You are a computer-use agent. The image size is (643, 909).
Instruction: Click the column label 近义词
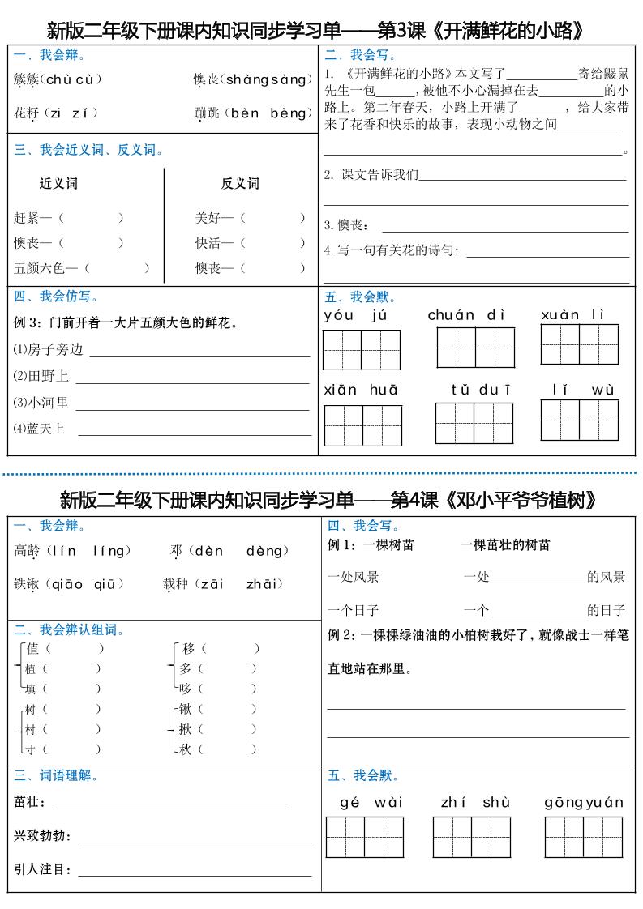[58, 184]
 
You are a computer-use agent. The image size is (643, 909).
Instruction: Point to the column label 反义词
[240, 184]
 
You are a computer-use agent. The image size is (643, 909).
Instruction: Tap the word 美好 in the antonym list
[208, 218]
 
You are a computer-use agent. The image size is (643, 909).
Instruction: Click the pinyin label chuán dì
[466, 315]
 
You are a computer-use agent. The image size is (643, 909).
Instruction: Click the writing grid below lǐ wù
[580, 420]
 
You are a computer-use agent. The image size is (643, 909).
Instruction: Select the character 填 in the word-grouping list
[32, 689]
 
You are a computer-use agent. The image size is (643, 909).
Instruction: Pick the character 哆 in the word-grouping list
[186, 689]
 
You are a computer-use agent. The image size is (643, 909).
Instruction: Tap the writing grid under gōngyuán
[584, 837]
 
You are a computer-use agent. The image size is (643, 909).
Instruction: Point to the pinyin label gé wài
[371, 803]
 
